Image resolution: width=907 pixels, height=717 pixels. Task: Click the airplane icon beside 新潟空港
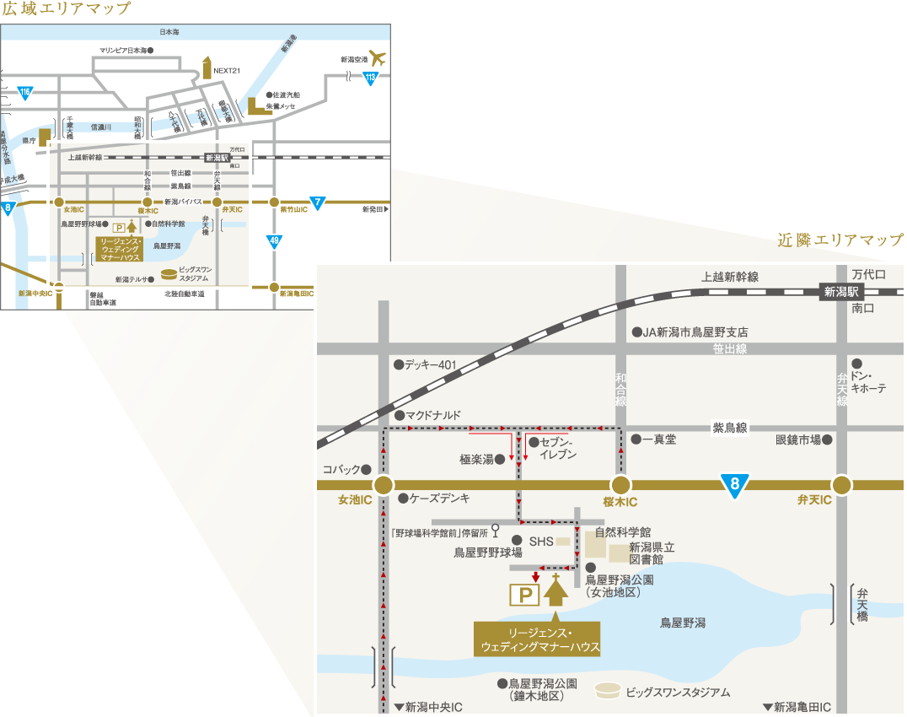click(x=377, y=59)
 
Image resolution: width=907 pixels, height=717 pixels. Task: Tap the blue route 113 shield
click(x=370, y=78)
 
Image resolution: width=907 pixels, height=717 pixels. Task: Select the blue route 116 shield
click(x=25, y=92)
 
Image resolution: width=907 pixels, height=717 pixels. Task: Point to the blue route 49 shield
click(x=274, y=241)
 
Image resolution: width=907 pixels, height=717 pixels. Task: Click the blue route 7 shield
click(x=317, y=203)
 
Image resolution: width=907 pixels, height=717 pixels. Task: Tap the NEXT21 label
click(x=228, y=71)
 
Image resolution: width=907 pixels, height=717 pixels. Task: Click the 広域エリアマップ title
click(x=66, y=9)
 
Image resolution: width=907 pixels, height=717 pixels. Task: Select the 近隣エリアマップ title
click(x=840, y=241)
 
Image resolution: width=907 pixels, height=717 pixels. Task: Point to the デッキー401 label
click(x=430, y=365)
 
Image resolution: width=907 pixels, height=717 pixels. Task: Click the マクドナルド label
click(x=433, y=415)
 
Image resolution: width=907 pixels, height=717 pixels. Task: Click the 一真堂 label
click(x=659, y=439)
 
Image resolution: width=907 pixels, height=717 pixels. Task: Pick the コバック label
click(x=341, y=469)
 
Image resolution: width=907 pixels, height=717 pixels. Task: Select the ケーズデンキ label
click(x=439, y=499)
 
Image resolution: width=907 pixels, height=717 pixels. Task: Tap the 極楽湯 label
click(x=476, y=460)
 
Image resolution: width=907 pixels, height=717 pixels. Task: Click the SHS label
click(x=539, y=541)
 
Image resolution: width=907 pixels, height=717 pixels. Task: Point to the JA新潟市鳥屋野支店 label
click(x=695, y=332)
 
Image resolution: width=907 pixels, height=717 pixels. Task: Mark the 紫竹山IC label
click(x=295, y=209)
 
